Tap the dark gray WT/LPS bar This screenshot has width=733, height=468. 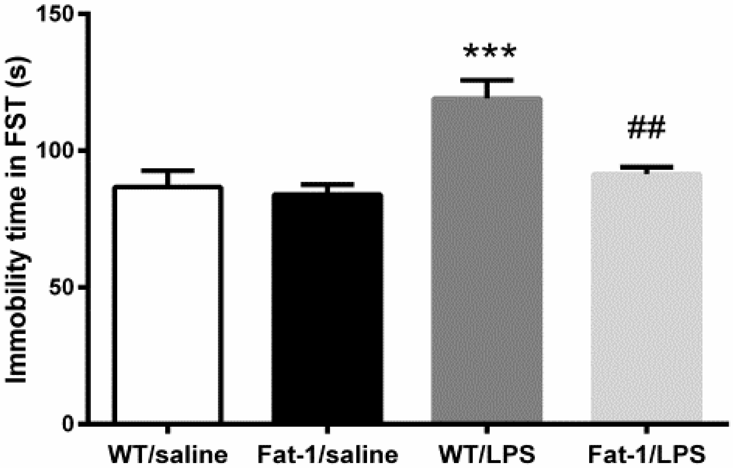pyautogui.click(x=487, y=259)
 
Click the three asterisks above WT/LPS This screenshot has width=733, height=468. pyautogui.click(x=489, y=52)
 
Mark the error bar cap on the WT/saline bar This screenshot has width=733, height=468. pyautogui.click(x=168, y=171)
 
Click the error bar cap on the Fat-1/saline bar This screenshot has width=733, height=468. pyautogui.click(x=327, y=184)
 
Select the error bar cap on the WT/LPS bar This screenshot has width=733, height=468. pyautogui.click(x=487, y=80)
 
